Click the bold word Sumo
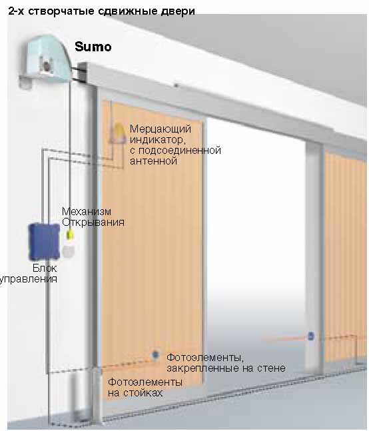point(93,47)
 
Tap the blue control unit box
point(44,242)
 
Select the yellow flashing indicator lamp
point(119,133)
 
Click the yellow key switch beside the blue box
point(71,235)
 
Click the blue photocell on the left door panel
point(155,354)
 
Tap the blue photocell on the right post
point(311,336)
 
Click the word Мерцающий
point(161,129)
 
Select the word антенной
point(153,161)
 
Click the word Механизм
point(87,211)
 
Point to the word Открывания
point(93,222)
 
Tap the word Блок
point(45,268)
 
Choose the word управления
point(29,279)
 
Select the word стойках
point(143,393)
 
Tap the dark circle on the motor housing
point(47,66)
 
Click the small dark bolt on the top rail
point(176,85)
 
